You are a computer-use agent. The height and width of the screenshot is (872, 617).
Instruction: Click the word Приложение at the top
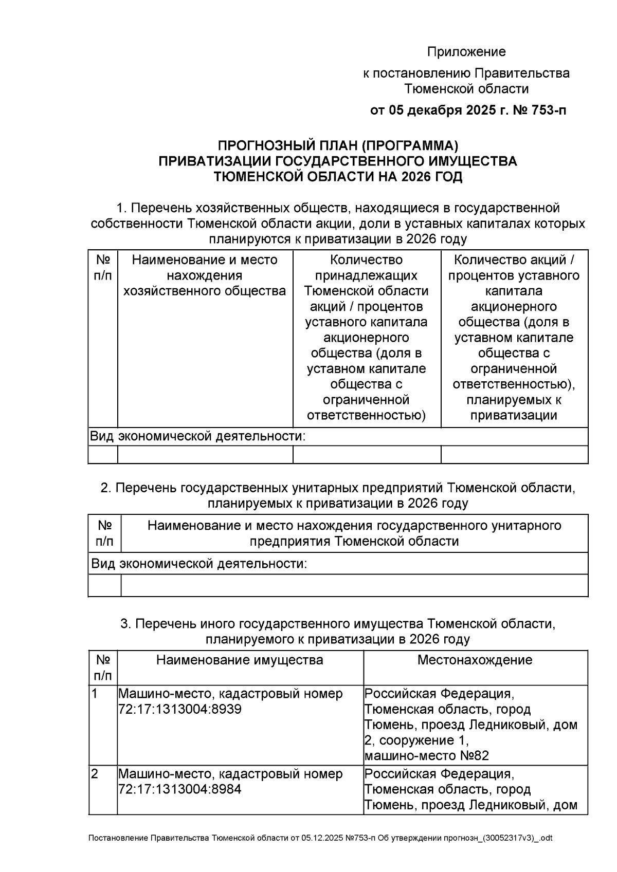point(466,52)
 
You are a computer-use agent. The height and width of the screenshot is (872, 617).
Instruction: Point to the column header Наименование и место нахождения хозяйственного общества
point(205,275)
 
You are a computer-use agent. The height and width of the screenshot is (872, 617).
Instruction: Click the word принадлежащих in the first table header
point(366,275)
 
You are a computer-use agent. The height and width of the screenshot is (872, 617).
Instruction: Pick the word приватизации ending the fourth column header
point(514,415)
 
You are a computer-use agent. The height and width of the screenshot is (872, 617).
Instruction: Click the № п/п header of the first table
point(103,268)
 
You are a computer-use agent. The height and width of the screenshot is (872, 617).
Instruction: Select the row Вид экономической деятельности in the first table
point(198,437)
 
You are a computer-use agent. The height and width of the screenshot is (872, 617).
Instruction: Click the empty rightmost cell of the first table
point(514,454)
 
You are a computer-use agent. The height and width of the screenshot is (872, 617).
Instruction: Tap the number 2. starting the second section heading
point(106,488)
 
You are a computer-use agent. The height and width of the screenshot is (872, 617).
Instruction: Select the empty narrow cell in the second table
point(104,585)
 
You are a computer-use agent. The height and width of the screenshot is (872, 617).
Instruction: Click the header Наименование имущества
point(240,660)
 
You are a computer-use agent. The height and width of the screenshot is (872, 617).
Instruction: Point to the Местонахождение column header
point(475,660)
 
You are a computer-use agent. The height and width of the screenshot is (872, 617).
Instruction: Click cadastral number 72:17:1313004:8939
point(180,710)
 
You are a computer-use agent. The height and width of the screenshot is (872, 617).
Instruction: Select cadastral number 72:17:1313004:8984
point(180,789)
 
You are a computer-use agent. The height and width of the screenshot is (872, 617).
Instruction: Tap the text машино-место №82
point(426,756)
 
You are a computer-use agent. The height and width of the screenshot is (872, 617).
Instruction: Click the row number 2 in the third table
point(95,774)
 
